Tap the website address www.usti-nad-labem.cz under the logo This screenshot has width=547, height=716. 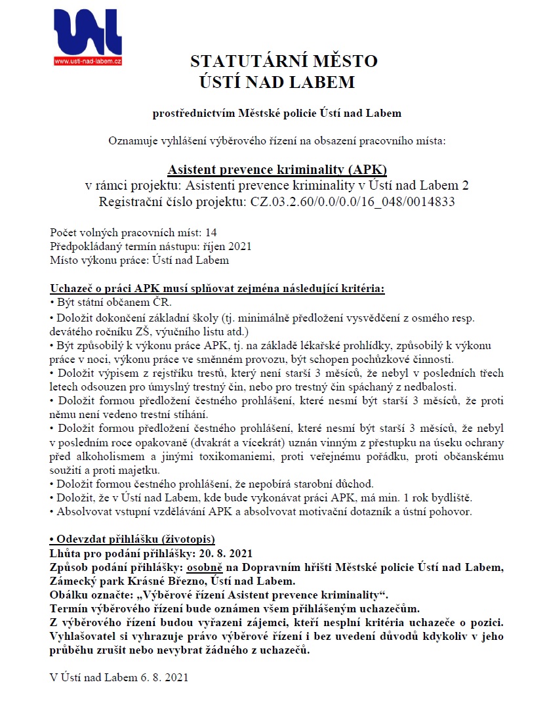pyautogui.click(x=89, y=62)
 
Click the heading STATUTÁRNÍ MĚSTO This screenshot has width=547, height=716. pyautogui.click(x=283, y=62)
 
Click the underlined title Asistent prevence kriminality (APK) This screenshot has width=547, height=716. pyautogui.click(x=277, y=169)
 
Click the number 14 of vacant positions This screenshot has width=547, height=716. pyautogui.click(x=211, y=232)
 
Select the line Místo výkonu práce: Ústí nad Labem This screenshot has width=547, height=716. pyautogui.click(x=140, y=260)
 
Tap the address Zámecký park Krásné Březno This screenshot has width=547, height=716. pyautogui.click(x=117, y=581)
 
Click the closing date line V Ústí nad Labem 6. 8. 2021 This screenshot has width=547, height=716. pyautogui.click(x=119, y=677)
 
